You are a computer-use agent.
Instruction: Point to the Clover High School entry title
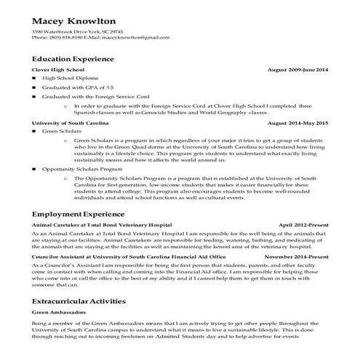click(58, 69)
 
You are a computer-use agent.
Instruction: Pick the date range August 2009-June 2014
click(298, 69)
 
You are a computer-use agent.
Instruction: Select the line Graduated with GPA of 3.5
click(76, 87)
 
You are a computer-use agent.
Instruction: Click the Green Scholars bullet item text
click(61, 132)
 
